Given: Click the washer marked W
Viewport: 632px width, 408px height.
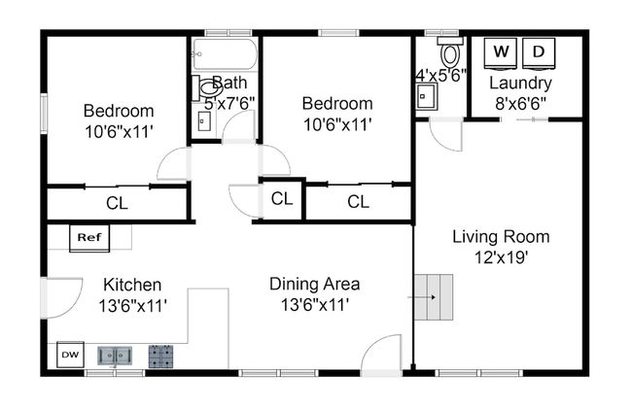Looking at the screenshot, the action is click(501, 52).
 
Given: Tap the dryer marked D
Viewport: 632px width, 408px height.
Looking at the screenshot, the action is click(539, 52).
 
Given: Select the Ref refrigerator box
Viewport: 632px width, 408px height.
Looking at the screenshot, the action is click(89, 238).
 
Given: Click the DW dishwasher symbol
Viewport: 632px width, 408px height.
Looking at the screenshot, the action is click(70, 355).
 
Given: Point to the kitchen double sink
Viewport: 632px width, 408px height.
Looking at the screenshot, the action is click(115, 356).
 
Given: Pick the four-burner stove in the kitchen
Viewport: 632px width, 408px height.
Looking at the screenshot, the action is click(160, 357).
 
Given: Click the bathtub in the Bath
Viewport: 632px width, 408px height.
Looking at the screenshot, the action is click(225, 54).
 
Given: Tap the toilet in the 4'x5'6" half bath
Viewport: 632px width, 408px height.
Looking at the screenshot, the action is click(450, 52).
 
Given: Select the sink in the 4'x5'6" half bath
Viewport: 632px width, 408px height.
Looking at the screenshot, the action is click(427, 96).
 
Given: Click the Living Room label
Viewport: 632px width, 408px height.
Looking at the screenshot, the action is click(501, 236).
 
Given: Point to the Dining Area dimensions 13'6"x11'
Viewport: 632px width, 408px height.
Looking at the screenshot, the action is click(314, 305).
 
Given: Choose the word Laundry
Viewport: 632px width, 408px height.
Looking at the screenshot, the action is click(520, 83).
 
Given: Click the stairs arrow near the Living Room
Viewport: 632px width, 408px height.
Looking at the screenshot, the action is click(422, 297).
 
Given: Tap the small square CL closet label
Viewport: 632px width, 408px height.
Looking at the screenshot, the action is click(282, 198).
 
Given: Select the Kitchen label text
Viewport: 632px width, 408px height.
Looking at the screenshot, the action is click(132, 285).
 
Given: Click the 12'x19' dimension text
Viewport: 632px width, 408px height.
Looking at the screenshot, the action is click(501, 257).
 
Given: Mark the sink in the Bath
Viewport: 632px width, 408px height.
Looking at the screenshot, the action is click(204, 121).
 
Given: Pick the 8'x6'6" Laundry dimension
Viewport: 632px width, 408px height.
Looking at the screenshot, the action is click(521, 104).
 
